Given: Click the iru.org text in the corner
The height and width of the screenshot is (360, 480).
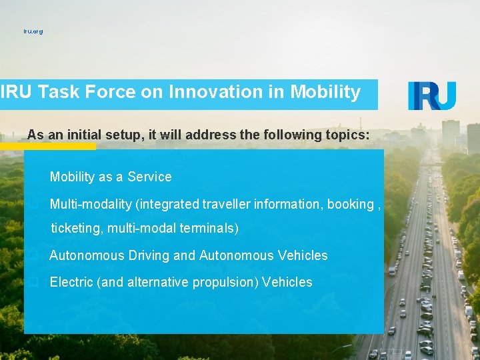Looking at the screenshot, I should (x=33, y=31).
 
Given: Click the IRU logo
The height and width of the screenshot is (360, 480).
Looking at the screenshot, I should (x=432, y=95).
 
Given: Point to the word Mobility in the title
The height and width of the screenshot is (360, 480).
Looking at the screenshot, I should (x=325, y=92).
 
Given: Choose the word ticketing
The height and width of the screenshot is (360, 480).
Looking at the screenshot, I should (x=77, y=229).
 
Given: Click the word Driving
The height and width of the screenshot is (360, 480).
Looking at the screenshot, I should (x=151, y=255).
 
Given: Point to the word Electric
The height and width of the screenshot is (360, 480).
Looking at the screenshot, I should (x=71, y=282).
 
